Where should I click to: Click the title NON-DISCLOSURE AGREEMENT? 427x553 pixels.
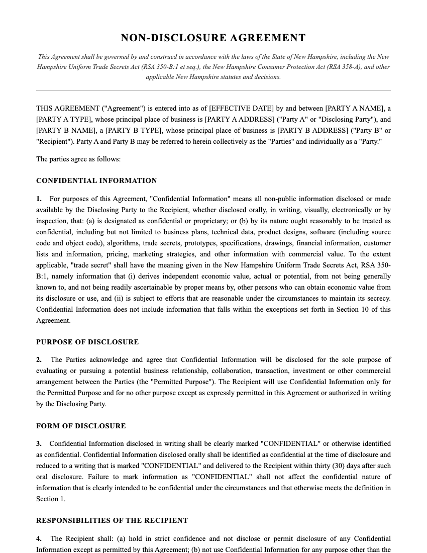(213, 38)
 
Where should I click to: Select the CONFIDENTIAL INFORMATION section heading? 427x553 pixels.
(96, 181)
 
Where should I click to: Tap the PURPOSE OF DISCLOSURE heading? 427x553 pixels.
(87, 342)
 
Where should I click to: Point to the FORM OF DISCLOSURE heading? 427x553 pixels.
(81, 426)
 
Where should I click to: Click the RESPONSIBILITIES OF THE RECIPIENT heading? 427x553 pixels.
(112, 521)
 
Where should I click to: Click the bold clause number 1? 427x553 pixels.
(39, 199)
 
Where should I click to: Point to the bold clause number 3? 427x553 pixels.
(39, 444)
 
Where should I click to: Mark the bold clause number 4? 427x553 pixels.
(39, 539)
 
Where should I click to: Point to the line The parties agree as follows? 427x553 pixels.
(78, 159)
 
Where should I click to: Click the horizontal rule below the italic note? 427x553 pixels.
(213, 90)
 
